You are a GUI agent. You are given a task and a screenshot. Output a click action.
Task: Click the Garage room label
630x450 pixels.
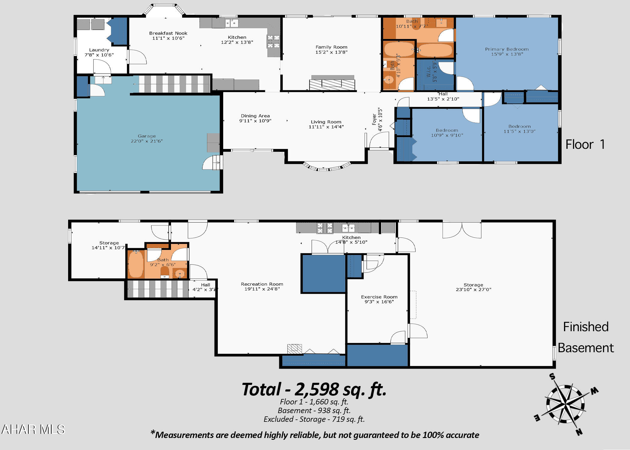(x=147, y=136)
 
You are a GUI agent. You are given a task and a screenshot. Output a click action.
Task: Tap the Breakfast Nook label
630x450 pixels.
(x=168, y=33)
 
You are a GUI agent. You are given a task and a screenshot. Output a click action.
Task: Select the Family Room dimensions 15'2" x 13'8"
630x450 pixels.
(x=331, y=52)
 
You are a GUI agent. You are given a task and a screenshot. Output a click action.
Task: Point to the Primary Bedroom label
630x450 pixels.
(x=507, y=49)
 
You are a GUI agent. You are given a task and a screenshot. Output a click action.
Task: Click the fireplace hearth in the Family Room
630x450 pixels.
(x=332, y=85)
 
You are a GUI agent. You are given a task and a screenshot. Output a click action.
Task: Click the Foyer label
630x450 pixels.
(x=374, y=119)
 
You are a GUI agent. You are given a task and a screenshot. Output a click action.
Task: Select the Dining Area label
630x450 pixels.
(x=255, y=116)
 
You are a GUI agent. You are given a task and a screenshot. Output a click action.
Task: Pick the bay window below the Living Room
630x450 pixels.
(x=326, y=167)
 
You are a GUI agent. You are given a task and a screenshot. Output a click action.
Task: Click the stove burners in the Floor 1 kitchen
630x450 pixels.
(x=273, y=41)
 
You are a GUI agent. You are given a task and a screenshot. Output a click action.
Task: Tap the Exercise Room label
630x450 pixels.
(x=379, y=297)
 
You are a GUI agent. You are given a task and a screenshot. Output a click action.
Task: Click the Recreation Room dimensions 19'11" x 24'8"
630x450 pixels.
(x=262, y=289)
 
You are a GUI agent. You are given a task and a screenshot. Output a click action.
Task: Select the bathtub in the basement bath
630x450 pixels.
(x=136, y=264)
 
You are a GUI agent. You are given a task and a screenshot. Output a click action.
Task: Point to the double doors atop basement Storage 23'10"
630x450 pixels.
(x=462, y=230)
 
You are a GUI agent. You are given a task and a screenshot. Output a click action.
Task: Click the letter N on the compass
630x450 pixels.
(x=579, y=432)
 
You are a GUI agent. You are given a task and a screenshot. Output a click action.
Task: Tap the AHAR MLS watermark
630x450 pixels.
(x=33, y=429)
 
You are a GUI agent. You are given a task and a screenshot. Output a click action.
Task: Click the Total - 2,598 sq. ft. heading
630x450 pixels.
(x=314, y=389)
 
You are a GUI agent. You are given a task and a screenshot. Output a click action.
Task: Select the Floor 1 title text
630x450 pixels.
(x=585, y=145)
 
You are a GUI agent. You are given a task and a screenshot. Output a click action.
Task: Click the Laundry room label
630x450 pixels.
(x=99, y=50)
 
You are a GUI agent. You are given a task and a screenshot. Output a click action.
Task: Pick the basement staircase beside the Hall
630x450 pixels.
(x=157, y=289)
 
